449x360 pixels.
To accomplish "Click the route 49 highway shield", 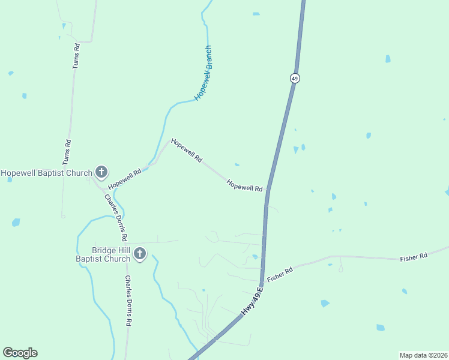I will click(x=294, y=78).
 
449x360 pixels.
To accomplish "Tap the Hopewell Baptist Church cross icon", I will click(x=101, y=173).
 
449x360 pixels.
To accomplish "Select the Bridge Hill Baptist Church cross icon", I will click(x=140, y=254).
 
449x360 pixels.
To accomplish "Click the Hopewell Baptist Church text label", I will click(x=46, y=173).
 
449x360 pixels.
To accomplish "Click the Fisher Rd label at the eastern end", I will click(x=414, y=257).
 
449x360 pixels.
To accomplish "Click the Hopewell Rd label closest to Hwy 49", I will click(x=245, y=185).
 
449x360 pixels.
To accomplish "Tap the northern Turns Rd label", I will click(x=76, y=56).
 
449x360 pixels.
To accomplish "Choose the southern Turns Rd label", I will click(x=67, y=152).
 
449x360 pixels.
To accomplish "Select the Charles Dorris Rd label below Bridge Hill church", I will click(x=128, y=300).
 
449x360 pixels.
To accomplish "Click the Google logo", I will click(x=20, y=353).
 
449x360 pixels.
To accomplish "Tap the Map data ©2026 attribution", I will click(x=423, y=355).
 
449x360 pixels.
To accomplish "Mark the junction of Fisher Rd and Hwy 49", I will click(x=262, y=278).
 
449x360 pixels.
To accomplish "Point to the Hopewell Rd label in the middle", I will click(x=186, y=150).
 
